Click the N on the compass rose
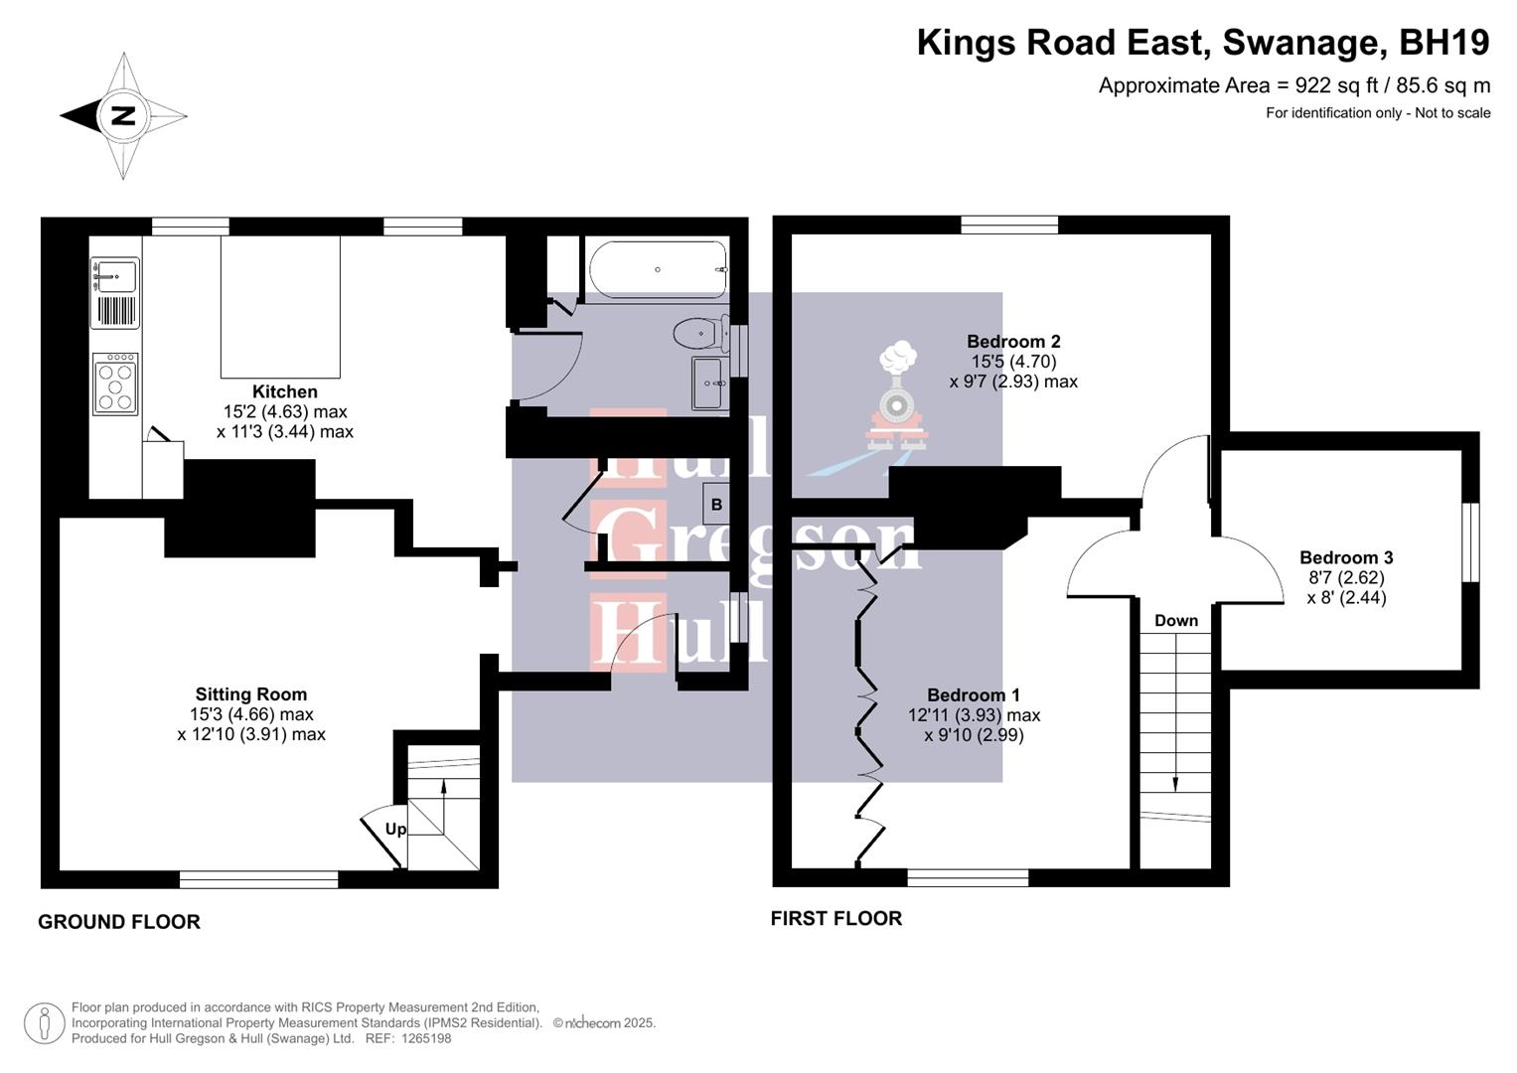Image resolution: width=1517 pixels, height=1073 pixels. [x=122, y=115]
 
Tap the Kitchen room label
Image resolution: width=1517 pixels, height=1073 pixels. [x=284, y=391]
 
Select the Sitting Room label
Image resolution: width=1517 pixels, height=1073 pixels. [x=250, y=694]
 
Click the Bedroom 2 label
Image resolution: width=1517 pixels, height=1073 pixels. [x=1013, y=342]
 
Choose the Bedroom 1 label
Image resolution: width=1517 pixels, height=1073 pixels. [x=974, y=695]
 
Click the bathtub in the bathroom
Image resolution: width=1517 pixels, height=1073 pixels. [x=658, y=269]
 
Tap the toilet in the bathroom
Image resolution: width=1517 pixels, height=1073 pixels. [x=696, y=332]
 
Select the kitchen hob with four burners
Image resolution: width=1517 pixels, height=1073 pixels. [x=115, y=383]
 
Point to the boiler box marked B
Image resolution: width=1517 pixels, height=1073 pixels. [x=716, y=504]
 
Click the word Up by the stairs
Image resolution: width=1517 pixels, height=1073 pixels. [x=395, y=829]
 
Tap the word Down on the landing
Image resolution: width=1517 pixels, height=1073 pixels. [x=1176, y=620]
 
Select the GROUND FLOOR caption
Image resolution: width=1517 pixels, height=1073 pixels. [x=119, y=922]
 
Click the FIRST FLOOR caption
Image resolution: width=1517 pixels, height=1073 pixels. [x=836, y=919]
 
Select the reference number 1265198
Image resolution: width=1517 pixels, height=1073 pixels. [x=422, y=1038]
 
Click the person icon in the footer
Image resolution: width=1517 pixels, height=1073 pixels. [x=44, y=1023]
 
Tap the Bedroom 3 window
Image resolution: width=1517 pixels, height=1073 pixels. [x=1472, y=541]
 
